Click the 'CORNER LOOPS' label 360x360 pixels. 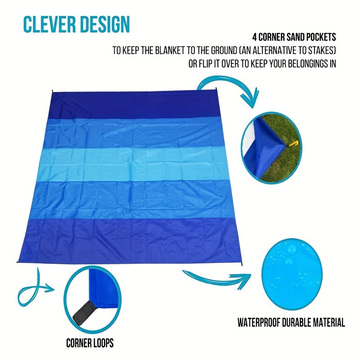(x=90, y=343)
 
